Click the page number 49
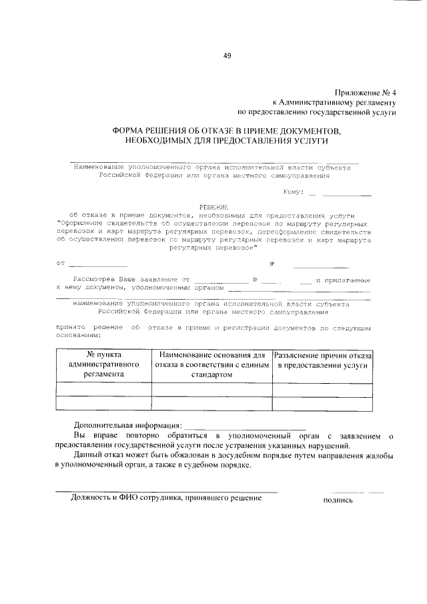[227, 56]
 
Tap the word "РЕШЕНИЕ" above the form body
[213, 208]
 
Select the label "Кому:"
[294, 192]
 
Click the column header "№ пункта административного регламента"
[103, 365]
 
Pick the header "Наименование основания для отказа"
[211, 365]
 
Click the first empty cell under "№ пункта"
[103, 389]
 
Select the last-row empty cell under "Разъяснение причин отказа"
[323, 402]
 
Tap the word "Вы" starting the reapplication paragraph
[79, 436]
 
